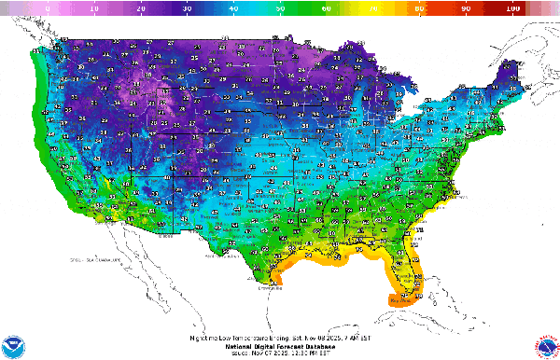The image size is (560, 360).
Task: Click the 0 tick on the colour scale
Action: pos(48,7)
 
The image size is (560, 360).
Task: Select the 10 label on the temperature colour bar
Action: pos(93,7)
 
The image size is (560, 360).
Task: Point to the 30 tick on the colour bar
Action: pos(187,7)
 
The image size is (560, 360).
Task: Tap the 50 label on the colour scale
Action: pos(280,7)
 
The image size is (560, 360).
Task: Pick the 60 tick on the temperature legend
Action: pos(327,7)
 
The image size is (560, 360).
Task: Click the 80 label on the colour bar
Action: pos(419,7)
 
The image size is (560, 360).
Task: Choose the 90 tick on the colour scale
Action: pos(466,7)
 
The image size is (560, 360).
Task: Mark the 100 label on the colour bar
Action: pos(512,7)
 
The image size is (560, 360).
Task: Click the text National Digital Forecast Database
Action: pos(280,344)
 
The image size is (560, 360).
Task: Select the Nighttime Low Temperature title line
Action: pos(280,337)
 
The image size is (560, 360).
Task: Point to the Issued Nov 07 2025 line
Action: pos(280,352)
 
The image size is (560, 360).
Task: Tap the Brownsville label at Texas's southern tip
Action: pos(273,287)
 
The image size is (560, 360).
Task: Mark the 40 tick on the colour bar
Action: pos(233,7)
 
